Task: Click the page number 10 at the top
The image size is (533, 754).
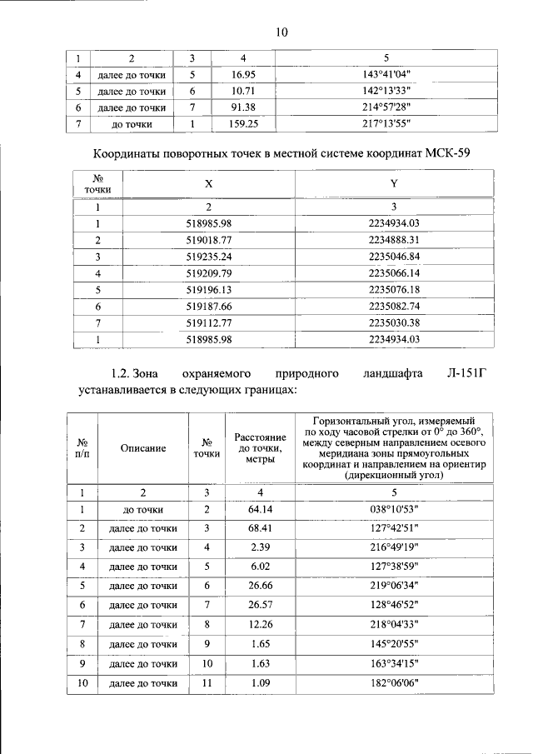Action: (281, 32)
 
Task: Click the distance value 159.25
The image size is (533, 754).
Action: (243, 124)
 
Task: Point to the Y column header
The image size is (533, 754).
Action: (393, 184)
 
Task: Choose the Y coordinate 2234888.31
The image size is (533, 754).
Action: (393, 240)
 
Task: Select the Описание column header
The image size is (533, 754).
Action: (143, 448)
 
